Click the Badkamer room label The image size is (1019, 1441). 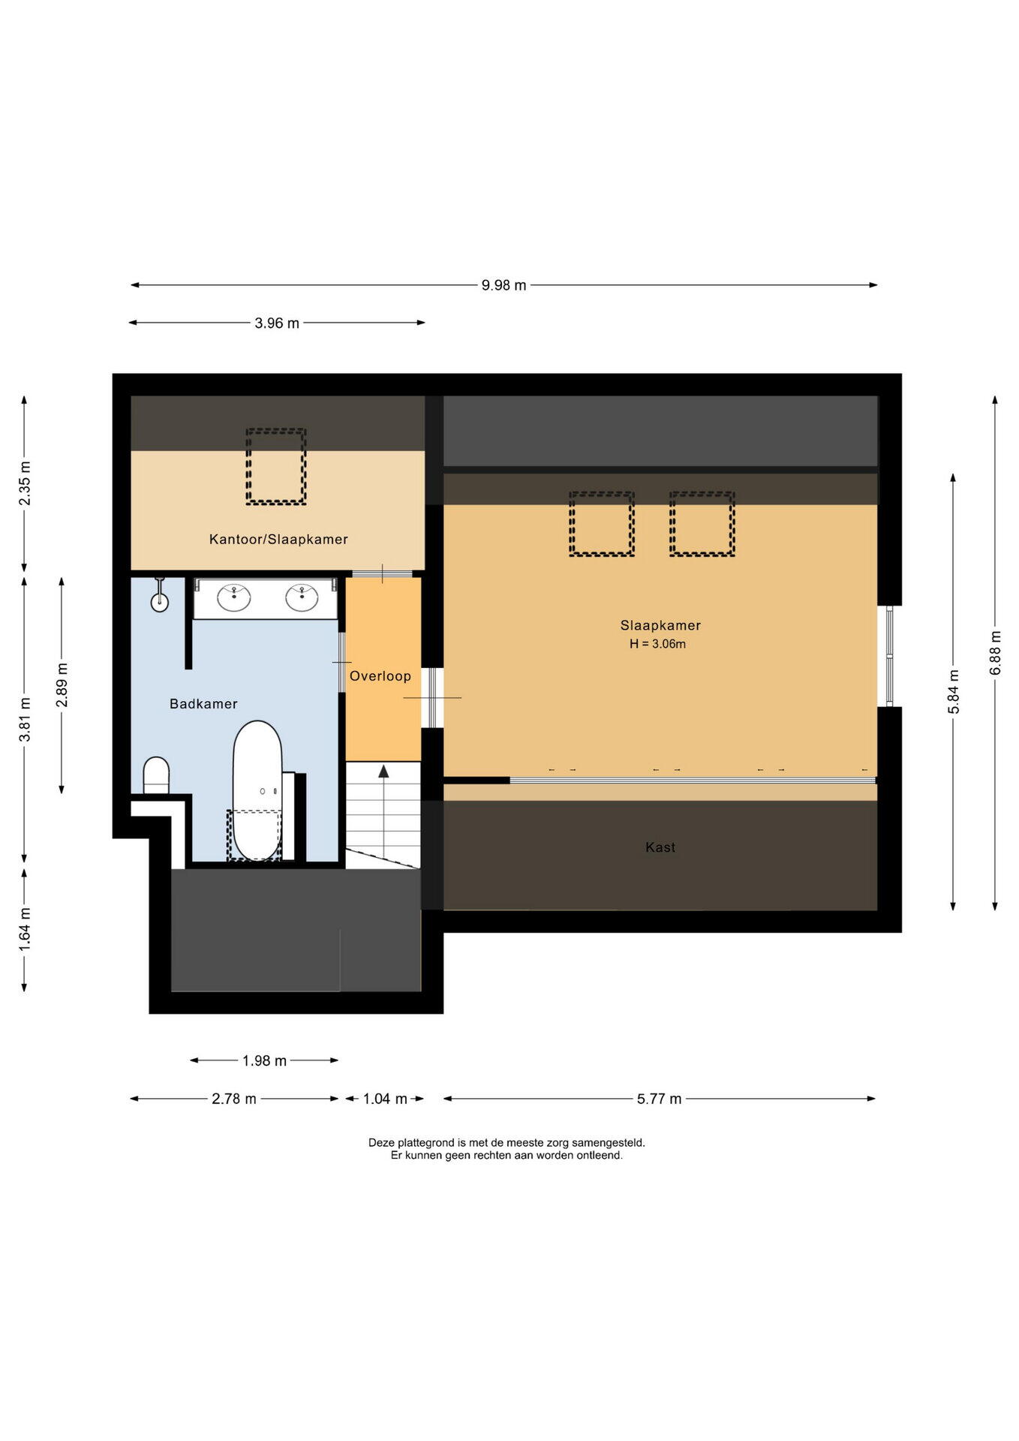[203, 704]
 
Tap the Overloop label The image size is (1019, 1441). [380, 676]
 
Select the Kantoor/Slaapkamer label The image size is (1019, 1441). [278, 540]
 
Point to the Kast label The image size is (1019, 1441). [660, 847]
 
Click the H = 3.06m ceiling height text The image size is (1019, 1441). [657, 644]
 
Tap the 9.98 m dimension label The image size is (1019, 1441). [503, 285]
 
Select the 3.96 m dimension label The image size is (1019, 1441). [277, 323]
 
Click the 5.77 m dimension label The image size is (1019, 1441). [659, 1099]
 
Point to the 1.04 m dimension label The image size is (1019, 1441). [385, 1099]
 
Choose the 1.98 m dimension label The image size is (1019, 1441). [264, 1060]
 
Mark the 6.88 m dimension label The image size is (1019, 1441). [996, 651]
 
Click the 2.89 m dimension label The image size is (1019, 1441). [62, 685]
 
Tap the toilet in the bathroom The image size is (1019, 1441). [156, 775]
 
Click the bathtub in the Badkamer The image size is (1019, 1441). [257, 791]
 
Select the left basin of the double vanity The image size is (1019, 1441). [234, 598]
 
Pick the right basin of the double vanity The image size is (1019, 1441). [302, 598]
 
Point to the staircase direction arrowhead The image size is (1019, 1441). [383, 771]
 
